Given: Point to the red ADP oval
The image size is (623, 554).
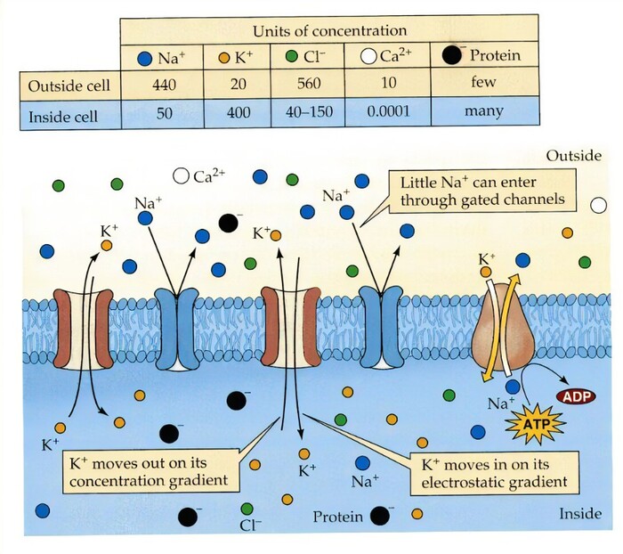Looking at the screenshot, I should click(x=575, y=395).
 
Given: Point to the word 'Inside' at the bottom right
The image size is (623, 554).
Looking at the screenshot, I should click(x=579, y=514).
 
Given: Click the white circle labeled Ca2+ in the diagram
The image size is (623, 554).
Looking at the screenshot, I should click(x=182, y=176).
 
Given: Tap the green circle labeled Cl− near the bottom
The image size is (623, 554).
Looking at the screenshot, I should click(x=247, y=508).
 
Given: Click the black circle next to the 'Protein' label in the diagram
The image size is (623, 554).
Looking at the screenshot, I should click(x=380, y=515).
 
